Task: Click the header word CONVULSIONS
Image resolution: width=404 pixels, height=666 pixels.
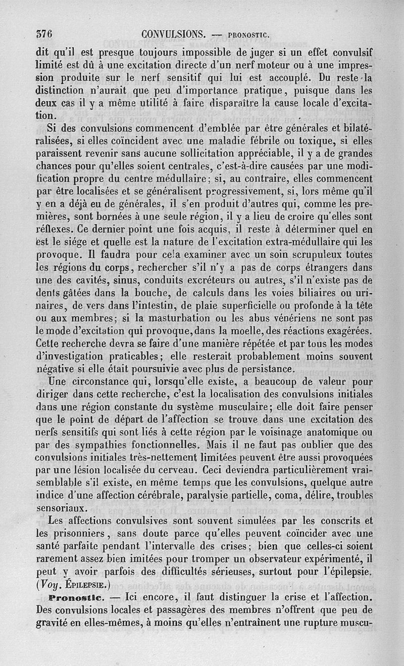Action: click(173, 34)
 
